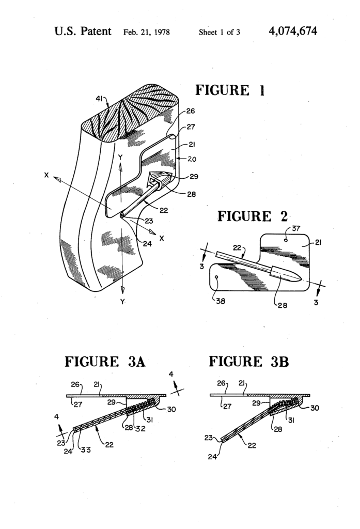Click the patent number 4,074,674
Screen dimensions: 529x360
coord(293,32)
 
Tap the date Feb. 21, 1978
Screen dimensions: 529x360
coord(147,33)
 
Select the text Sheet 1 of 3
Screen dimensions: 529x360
coord(220,33)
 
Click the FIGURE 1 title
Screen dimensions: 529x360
coord(230,90)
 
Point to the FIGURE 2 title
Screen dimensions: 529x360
coord(252,216)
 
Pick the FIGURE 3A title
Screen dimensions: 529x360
coord(105,362)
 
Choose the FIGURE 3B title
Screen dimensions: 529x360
coord(249,362)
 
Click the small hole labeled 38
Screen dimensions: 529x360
coord(216,277)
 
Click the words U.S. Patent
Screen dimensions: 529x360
coord(83,32)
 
